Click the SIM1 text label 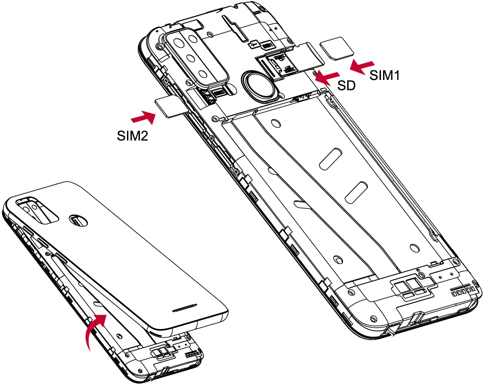[385, 75]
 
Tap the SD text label [346, 86]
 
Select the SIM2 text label [132, 136]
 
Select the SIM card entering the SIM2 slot [169, 107]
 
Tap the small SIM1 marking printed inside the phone [266, 44]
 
